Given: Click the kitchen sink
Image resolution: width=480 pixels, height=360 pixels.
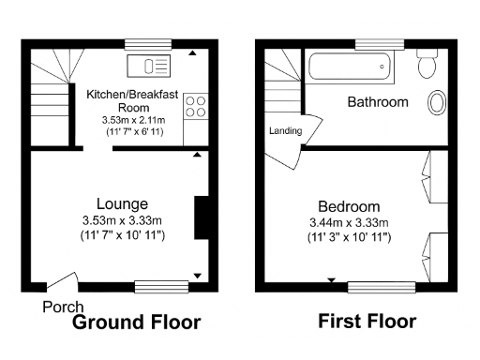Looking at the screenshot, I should coord(150,66).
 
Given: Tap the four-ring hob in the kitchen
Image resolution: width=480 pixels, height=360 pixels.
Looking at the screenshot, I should coord(195,107).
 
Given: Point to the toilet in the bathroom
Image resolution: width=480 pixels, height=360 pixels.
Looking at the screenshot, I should coord(427,64).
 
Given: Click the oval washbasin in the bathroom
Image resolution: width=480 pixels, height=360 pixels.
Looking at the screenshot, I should coord(437,103).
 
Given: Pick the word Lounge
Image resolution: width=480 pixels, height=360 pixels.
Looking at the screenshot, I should coord(122,203).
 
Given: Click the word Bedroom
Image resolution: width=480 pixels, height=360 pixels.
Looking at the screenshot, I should coord(349,206).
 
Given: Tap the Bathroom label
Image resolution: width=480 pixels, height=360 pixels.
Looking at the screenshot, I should coord(378,101).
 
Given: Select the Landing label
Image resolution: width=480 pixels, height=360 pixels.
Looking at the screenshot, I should coord(285,131).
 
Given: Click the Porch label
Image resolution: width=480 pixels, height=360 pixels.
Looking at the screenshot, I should coord(63,307).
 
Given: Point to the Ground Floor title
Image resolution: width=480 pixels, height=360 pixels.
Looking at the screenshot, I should coord(137,322).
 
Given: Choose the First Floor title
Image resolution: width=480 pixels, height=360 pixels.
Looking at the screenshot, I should coord(367,322).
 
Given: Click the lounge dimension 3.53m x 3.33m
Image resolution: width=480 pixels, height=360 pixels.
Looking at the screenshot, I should coord(122,220).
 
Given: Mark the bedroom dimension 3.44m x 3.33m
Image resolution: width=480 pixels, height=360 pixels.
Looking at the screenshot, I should coord(349,222).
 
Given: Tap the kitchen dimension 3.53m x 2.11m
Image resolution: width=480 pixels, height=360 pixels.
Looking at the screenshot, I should coord(132,120).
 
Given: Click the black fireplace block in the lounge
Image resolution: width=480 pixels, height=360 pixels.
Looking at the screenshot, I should coord(200,218).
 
